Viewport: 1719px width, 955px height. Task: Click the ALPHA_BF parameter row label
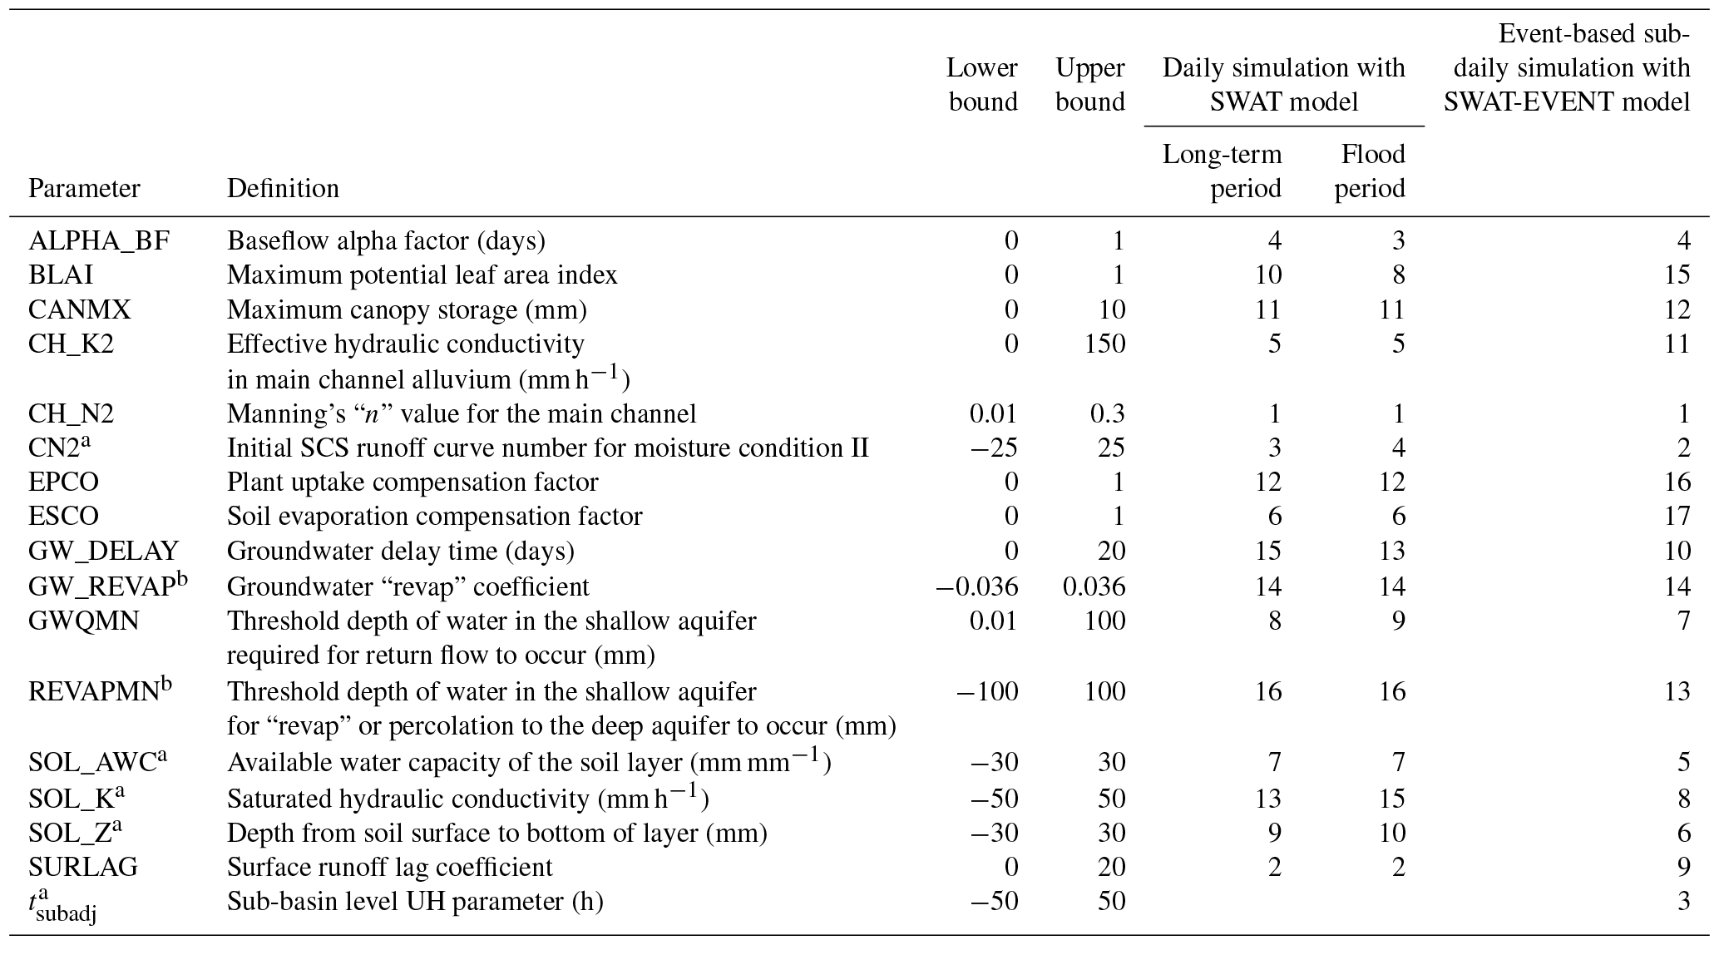(x=98, y=241)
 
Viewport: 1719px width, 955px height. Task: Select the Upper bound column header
(x=1089, y=85)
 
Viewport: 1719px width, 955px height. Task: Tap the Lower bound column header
(x=983, y=85)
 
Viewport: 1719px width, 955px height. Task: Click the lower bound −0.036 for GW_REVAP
(x=976, y=587)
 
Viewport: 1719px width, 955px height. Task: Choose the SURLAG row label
(x=82, y=868)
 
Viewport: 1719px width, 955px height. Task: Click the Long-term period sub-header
(x=1222, y=171)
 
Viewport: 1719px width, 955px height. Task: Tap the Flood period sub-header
(x=1371, y=171)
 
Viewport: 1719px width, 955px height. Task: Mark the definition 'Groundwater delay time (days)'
(x=400, y=552)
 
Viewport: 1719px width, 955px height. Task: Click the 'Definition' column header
(x=283, y=189)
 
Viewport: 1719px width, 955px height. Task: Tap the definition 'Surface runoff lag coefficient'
(x=389, y=868)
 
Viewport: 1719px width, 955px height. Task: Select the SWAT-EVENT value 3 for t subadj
(x=1682, y=902)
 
